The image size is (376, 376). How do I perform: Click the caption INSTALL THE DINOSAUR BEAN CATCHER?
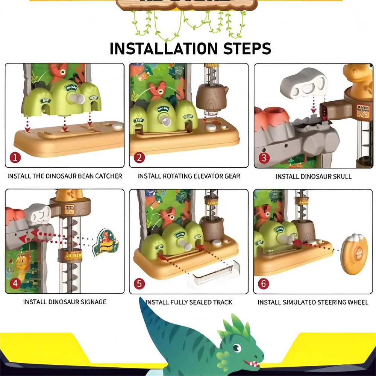(65, 176)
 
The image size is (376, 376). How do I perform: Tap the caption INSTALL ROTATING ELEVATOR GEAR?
(189, 176)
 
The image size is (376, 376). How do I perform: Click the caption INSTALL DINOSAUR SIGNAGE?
(65, 302)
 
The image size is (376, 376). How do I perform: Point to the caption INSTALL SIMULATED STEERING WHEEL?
(313, 302)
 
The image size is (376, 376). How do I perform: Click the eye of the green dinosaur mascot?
(237, 347)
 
